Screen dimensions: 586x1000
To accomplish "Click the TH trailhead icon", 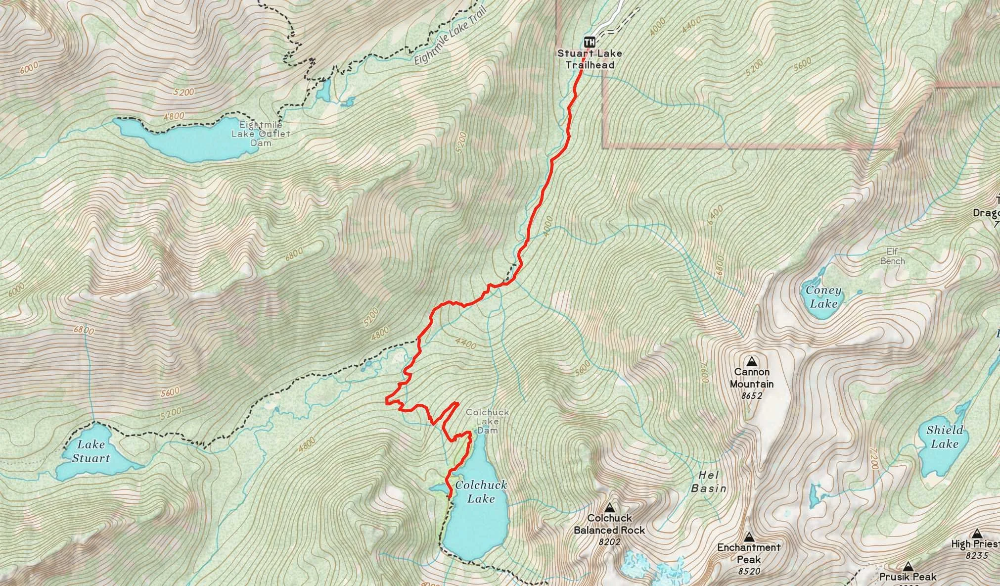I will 589,41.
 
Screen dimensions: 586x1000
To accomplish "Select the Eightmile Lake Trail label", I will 449,36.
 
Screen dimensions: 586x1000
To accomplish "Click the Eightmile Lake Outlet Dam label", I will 261,134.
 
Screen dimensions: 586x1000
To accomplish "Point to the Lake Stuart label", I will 91,451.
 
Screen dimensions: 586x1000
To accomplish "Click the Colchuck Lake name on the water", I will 481,491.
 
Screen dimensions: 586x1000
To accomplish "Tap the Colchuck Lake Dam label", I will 487,421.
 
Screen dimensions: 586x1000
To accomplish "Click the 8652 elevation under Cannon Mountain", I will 752,395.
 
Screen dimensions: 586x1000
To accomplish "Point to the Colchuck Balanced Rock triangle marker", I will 609,507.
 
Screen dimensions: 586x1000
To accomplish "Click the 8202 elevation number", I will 609,542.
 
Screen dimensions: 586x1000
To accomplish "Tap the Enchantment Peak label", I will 749,553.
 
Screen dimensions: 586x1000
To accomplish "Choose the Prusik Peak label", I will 908,577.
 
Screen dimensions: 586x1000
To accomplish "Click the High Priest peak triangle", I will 976,534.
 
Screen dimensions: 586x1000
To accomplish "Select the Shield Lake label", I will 945,437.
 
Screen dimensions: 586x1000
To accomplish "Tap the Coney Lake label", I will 823,297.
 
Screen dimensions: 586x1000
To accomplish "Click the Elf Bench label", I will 892,256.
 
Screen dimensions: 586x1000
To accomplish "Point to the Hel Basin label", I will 709,482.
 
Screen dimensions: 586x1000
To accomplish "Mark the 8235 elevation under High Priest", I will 976,556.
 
